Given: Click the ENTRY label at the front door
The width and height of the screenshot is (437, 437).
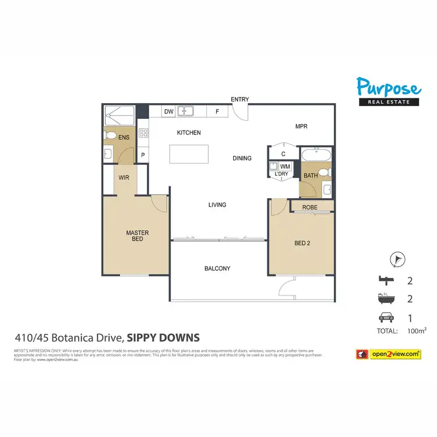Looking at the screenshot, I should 239,100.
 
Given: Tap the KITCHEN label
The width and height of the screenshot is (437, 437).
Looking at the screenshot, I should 189,133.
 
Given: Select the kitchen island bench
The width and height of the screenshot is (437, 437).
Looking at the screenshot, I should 189,154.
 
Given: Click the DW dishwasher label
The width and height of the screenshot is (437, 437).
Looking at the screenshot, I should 168,111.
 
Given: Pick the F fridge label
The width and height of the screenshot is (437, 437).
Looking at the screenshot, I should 217,111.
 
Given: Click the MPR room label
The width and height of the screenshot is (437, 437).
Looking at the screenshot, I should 301,126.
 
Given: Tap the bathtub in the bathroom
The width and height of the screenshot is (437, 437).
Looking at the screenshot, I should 316,156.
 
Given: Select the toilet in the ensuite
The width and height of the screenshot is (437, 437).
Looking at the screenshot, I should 110,135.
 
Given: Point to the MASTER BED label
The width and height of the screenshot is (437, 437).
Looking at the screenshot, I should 138,236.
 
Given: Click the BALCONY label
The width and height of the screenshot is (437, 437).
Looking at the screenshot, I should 217,269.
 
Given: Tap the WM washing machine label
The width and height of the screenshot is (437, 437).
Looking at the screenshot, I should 285,167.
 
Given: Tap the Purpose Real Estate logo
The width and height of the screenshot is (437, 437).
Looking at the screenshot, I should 388,93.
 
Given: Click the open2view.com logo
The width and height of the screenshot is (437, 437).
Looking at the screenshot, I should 388,354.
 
